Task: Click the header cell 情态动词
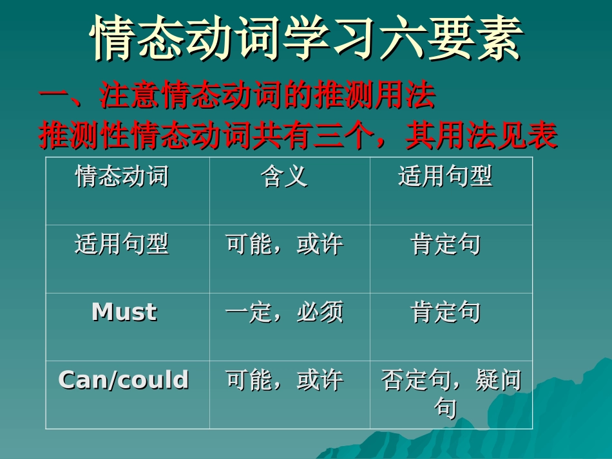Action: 122,176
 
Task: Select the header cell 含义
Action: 284,176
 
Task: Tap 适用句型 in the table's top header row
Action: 445,176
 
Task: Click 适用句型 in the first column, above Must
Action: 122,244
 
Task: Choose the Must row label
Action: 124,312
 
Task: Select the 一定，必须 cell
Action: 284,313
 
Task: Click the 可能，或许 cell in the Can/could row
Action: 284,380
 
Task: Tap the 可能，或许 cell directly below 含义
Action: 284,245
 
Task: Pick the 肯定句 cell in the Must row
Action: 445,313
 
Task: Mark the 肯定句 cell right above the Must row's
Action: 445,245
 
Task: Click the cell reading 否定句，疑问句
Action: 450,393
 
